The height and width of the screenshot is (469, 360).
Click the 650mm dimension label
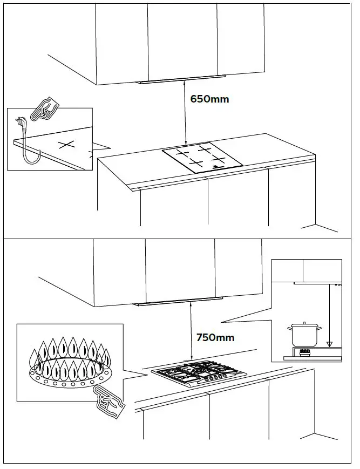click(x=210, y=99)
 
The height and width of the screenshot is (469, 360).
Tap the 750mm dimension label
click(x=215, y=338)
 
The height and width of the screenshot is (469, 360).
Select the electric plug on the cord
click(x=22, y=127)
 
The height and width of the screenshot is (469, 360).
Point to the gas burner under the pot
click(x=306, y=352)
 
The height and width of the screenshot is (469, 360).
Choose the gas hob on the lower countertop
click(x=199, y=373)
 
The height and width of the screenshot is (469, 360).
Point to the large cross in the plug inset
click(x=65, y=145)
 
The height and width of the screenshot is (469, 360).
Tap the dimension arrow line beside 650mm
click(x=185, y=113)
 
